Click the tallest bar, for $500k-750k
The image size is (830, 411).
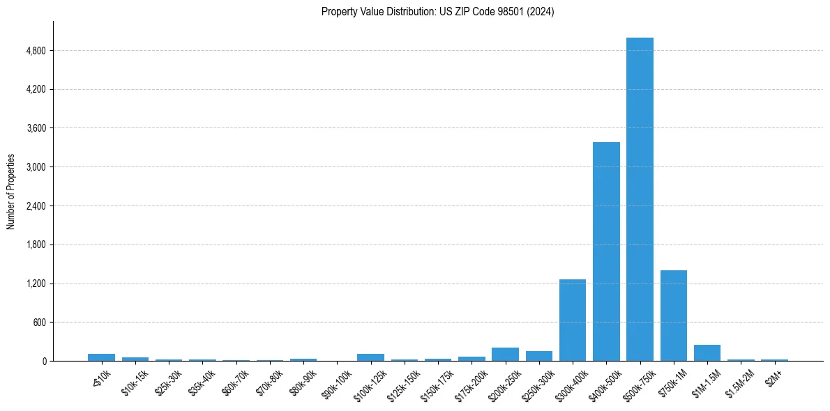(x=640, y=199)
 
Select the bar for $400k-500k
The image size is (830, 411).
(x=606, y=251)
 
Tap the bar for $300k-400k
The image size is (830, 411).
(x=573, y=320)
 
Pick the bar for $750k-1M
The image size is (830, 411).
(x=673, y=316)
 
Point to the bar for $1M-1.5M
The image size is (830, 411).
(x=707, y=352)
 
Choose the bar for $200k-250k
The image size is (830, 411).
(x=505, y=354)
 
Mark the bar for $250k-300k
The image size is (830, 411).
(x=538, y=356)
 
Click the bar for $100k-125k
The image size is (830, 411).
(x=370, y=357)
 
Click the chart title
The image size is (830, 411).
(x=437, y=12)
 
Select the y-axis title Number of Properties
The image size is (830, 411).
(x=11, y=192)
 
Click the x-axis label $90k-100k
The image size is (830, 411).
(x=336, y=382)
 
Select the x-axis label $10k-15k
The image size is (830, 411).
(x=135, y=382)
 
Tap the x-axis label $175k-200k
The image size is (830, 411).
(x=471, y=383)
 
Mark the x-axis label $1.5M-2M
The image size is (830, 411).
(x=739, y=382)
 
